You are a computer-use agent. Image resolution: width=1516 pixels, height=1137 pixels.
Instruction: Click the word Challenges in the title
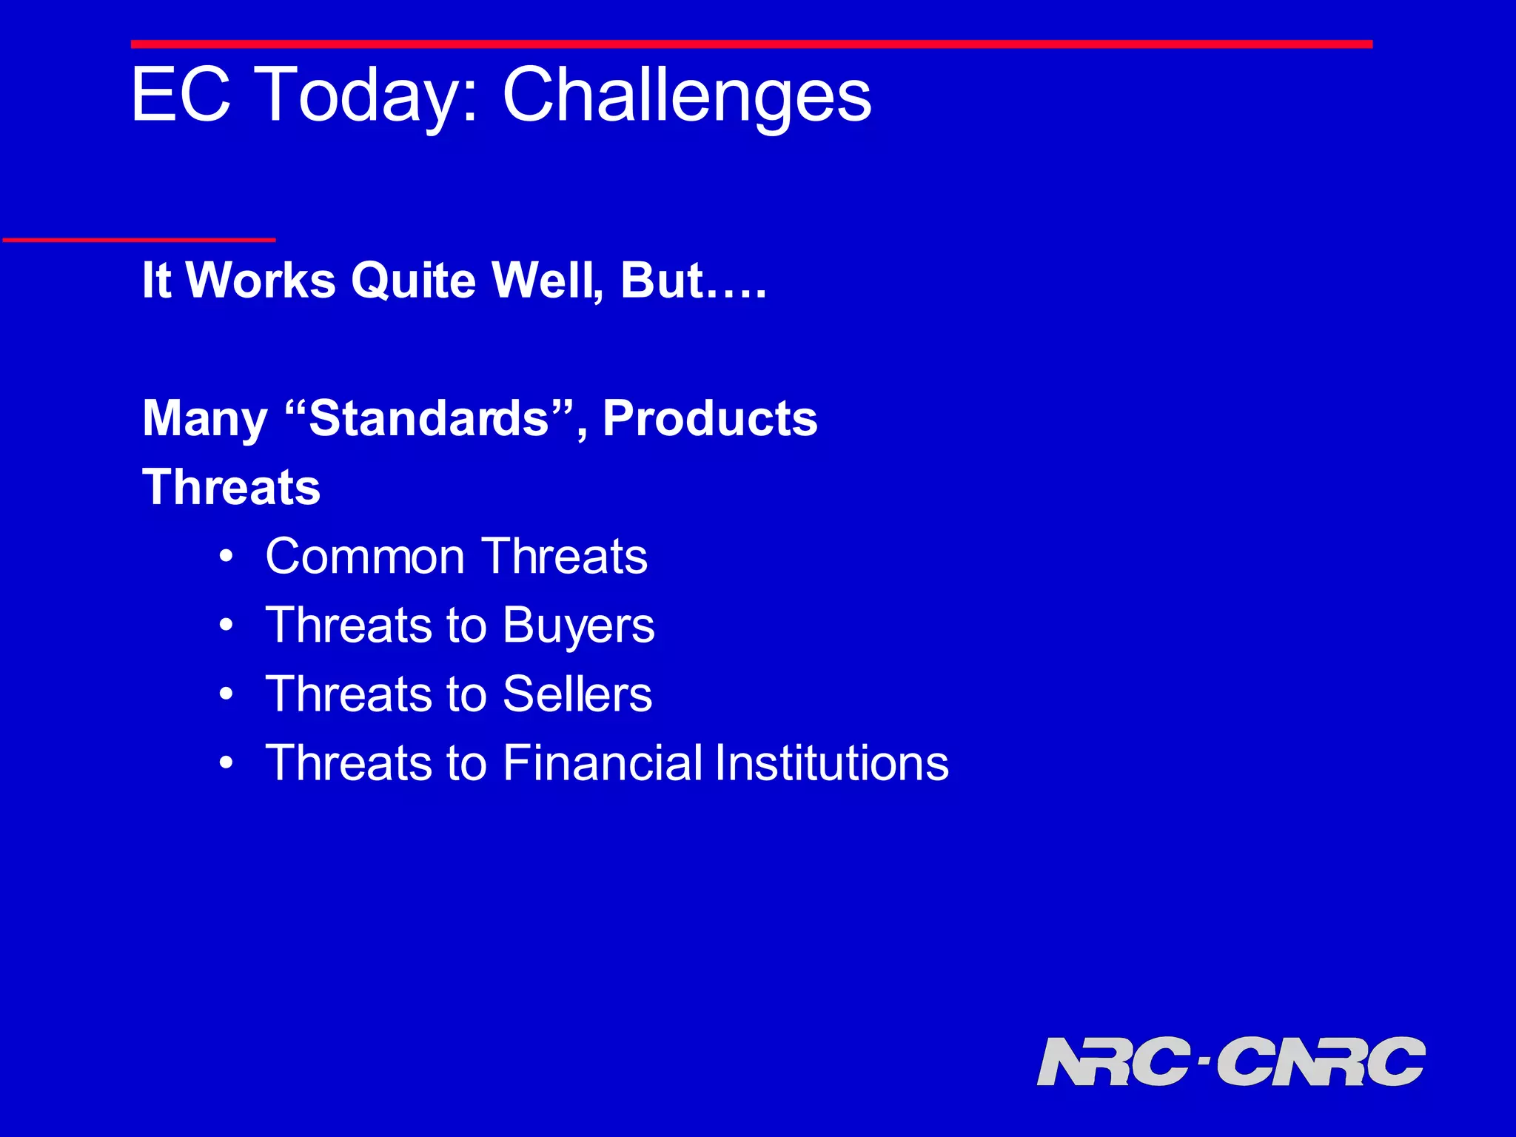(687, 96)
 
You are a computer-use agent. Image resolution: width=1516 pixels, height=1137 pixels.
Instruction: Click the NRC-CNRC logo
(1230, 1061)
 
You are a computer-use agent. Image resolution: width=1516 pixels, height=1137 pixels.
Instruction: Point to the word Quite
(413, 281)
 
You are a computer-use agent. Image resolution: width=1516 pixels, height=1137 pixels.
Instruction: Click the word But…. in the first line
(693, 281)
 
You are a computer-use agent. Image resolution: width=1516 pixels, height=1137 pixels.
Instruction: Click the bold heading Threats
(231, 488)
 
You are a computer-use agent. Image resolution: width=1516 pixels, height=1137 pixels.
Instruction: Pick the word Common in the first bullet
(364, 557)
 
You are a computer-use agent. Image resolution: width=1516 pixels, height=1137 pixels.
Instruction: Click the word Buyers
(578, 626)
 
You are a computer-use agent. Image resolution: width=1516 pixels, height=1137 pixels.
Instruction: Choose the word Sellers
(577, 694)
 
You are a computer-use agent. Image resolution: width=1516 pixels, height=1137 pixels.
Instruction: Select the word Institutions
(831, 763)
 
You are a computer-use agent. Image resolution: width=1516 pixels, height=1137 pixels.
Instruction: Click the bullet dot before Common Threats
(227, 557)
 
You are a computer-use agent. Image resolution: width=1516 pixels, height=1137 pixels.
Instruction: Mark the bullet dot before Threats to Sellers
(227, 694)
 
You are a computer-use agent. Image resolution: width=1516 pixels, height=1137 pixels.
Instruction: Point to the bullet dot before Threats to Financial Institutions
(227, 763)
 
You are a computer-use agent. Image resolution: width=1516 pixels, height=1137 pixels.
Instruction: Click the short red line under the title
(139, 240)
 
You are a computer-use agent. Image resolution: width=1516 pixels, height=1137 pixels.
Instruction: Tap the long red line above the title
(751, 44)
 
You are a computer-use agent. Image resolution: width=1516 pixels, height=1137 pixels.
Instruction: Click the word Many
(204, 419)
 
